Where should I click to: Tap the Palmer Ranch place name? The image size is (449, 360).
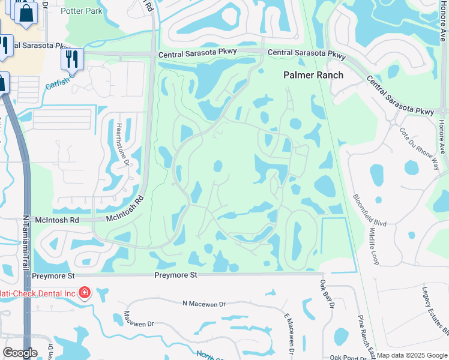coord(313,75)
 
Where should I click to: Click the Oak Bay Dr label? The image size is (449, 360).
coord(327,294)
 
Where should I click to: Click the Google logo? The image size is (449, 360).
coord(20,353)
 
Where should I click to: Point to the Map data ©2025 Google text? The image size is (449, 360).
coord(412,355)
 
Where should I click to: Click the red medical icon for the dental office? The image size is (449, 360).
coord(85,293)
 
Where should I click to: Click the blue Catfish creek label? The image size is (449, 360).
coord(56,83)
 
